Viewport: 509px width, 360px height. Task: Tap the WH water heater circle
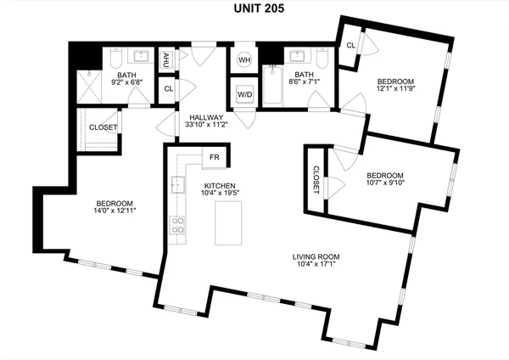[x=244, y=60]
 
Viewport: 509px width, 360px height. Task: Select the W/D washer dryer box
[x=244, y=93]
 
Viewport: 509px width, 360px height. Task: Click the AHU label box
[x=167, y=59]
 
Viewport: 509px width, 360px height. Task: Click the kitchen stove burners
[x=178, y=225]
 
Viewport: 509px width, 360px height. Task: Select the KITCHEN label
[x=219, y=186]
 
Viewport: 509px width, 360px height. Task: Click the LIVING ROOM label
[x=316, y=256]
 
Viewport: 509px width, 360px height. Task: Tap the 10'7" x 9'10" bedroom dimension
[x=386, y=180]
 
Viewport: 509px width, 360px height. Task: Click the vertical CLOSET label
[x=316, y=179]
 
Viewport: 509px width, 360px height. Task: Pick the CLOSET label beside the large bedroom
[x=103, y=127]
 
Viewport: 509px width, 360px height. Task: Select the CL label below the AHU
[x=168, y=88]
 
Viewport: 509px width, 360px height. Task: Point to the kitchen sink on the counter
[x=177, y=184]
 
